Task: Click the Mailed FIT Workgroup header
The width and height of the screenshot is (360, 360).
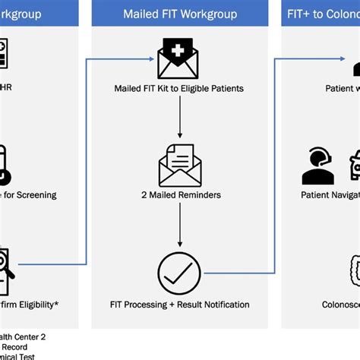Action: tap(180, 14)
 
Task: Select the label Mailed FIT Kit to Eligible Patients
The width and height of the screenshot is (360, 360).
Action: tap(180, 89)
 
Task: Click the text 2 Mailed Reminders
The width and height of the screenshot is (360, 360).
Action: tap(180, 194)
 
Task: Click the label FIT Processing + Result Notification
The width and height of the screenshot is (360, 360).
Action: tap(180, 305)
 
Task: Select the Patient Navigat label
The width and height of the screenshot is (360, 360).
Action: tap(330, 194)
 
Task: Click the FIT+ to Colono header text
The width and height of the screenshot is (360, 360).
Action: tap(322, 14)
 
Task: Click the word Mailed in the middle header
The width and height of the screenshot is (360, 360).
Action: tap(142, 14)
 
